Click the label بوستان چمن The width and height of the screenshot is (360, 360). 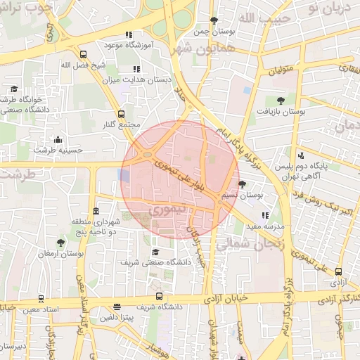pyautogui.click(x=213, y=32)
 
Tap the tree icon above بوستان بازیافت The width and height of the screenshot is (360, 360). pyautogui.click(x=281, y=100)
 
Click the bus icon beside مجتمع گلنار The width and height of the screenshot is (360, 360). pyautogui.click(x=121, y=113)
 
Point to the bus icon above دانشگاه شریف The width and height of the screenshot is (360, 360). pyautogui.click(x=159, y=296)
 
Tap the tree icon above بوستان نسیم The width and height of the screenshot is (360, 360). pyautogui.click(x=243, y=184)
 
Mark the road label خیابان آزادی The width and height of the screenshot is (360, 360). pyautogui.click(x=227, y=299)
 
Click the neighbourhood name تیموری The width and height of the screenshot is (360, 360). pyautogui.click(x=166, y=210)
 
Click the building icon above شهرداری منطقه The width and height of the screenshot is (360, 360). pyautogui.click(x=96, y=212)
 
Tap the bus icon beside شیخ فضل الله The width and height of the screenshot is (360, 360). pyautogui.click(x=83, y=54)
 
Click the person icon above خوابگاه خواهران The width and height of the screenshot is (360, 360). pyautogui.click(x=14, y=89)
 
